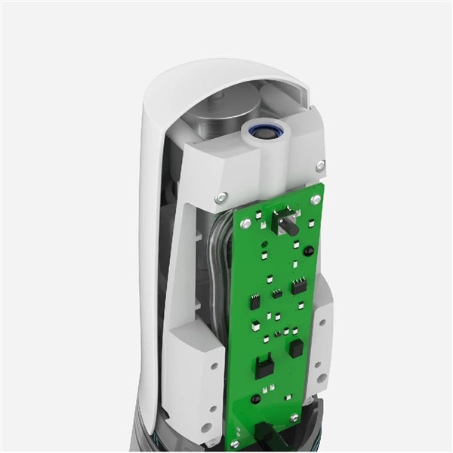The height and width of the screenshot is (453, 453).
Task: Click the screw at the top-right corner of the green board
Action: pyautogui.click(x=316, y=200)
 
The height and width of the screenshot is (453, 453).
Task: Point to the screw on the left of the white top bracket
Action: pyautogui.click(x=220, y=198)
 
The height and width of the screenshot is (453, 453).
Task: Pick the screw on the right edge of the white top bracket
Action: pyautogui.click(x=321, y=165)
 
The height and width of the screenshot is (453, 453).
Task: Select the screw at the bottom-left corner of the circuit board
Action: pyautogui.click(x=235, y=443)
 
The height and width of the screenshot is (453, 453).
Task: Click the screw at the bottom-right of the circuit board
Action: pyautogui.click(x=294, y=418)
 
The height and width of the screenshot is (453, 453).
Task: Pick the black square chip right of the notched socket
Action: pyautogui.click(x=296, y=347)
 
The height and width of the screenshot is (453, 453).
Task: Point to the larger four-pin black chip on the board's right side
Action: pyautogui.click(x=299, y=286)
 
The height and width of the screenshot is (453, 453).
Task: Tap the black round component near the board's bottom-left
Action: pyautogui.click(x=256, y=398)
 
